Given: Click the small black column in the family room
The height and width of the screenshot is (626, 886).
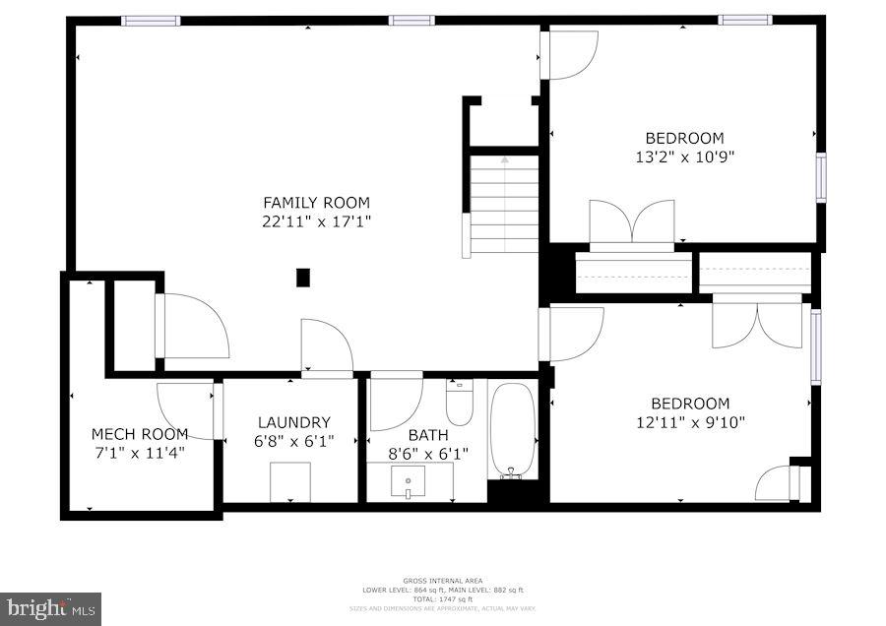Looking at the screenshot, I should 303,278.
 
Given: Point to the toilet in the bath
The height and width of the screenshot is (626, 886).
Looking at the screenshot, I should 460,402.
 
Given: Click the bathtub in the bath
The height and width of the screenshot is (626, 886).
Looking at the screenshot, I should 512,429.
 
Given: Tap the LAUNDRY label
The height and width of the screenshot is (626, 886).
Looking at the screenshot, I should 293,422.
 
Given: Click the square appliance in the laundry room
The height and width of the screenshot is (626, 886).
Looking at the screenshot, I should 290,481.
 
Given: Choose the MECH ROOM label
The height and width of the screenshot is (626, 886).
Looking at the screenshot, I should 139,434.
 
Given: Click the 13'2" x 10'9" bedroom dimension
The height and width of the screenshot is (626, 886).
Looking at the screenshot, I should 684,156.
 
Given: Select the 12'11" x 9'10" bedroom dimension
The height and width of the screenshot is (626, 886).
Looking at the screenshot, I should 690,422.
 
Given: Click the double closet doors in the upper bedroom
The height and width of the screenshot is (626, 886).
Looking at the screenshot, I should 631,221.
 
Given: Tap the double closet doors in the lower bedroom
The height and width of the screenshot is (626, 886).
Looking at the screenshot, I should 757,324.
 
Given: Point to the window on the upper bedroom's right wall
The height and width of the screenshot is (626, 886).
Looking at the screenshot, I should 820,178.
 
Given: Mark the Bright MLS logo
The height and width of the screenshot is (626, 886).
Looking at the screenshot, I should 51,607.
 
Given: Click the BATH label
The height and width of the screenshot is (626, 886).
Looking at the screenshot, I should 428,434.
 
